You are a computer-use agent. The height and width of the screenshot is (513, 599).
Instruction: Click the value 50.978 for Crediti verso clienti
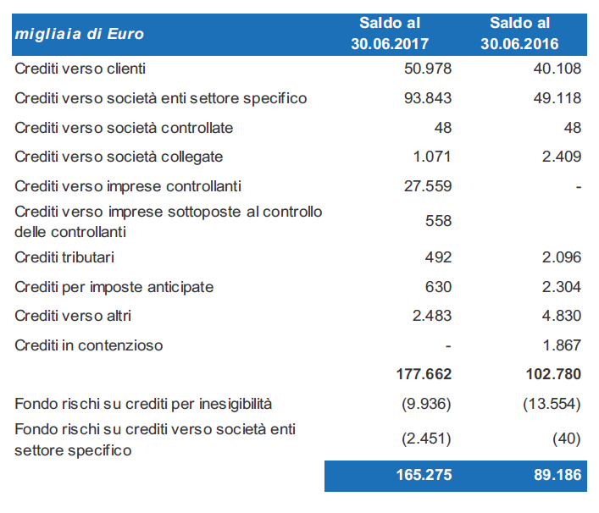tap(428, 69)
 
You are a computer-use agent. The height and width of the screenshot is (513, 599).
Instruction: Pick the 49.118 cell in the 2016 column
tap(557, 98)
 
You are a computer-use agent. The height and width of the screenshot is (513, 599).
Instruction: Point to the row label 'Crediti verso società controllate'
tap(124, 128)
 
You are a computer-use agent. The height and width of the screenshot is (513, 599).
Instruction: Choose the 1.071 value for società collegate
tap(432, 157)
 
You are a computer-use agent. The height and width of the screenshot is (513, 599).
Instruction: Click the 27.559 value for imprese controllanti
tap(428, 186)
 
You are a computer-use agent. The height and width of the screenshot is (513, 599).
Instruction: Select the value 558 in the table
tap(438, 221)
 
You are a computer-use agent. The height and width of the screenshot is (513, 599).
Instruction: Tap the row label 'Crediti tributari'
tap(64, 257)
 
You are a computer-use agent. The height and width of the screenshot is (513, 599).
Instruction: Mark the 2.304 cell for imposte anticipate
tap(562, 287)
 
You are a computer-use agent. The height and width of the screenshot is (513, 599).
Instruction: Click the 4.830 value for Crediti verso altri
tap(562, 316)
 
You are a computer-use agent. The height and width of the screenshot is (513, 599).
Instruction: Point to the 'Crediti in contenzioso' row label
tap(89, 345)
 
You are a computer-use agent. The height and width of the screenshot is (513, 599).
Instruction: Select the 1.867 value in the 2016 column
tap(562, 345)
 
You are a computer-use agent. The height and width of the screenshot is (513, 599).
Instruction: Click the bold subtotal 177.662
tap(424, 374)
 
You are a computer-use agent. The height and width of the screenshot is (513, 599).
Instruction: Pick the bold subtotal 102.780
tap(553, 374)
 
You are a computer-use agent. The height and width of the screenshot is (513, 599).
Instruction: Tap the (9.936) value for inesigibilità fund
tap(426, 404)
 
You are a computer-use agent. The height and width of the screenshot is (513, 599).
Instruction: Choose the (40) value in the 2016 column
tap(566, 439)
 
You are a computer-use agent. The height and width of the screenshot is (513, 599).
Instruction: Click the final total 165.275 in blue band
tap(424, 475)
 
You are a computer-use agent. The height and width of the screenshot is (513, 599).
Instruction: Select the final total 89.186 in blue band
tap(557, 475)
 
